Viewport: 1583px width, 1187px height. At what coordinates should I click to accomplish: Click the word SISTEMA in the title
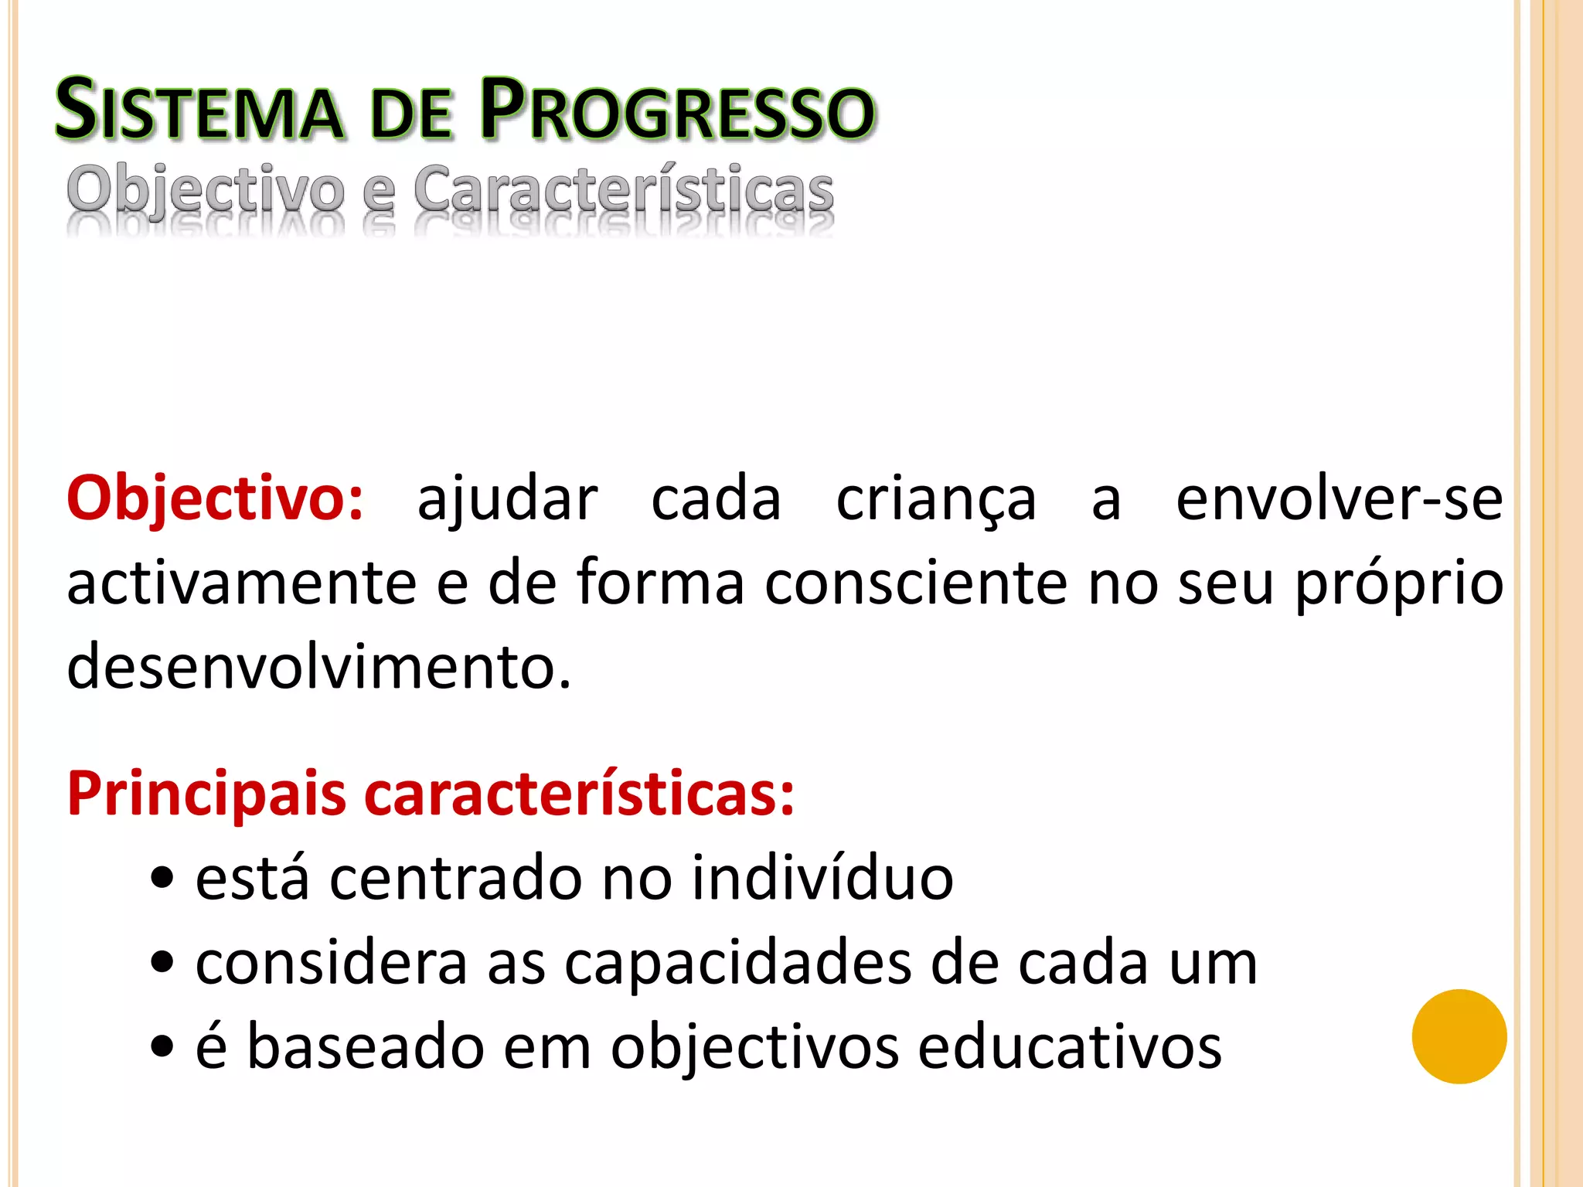tap(199, 111)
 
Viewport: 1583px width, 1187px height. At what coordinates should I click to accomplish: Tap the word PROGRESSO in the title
tap(677, 111)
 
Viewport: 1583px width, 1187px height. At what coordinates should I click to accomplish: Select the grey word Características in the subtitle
tap(623, 189)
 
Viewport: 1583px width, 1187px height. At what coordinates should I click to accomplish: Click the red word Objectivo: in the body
tap(215, 499)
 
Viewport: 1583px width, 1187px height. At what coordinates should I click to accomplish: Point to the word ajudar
tap(507, 499)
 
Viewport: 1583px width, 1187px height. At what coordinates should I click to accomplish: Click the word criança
tap(936, 501)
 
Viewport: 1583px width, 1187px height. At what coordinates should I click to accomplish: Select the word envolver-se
tap(1339, 499)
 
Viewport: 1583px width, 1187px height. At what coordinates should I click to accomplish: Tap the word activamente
tap(242, 583)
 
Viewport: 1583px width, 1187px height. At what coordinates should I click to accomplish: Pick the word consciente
tap(916, 583)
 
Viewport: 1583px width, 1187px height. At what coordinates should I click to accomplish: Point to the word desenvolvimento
tap(318, 666)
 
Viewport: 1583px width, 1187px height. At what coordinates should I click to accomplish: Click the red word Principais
tap(206, 794)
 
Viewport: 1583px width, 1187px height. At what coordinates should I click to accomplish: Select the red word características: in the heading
tap(579, 794)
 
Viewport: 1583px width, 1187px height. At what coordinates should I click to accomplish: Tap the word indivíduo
tap(822, 878)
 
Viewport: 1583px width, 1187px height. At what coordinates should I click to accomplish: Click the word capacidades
tap(738, 963)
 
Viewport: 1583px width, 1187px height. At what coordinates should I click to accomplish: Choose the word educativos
tap(1070, 1047)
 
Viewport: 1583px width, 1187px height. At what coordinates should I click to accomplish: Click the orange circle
tap(1459, 1036)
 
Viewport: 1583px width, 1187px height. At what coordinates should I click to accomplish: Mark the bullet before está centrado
tap(162, 879)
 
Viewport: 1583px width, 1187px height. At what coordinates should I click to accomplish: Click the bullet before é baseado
tap(162, 1049)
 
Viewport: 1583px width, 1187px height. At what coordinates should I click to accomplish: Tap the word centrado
tap(455, 879)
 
